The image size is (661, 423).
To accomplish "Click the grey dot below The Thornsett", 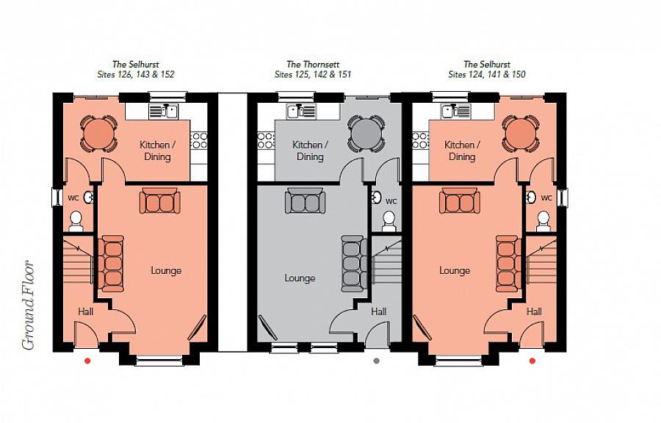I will pyautogui.click(x=377, y=361).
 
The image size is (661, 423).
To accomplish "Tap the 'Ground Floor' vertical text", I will pyautogui.click(x=29, y=305).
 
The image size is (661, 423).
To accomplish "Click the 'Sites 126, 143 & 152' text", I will pyautogui.click(x=136, y=75).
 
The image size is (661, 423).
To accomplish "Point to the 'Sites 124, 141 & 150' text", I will pyautogui.click(x=486, y=75).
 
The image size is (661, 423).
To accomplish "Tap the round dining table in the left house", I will pyautogui.click(x=97, y=133).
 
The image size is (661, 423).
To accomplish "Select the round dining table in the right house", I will pyautogui.click(x=521, y=133).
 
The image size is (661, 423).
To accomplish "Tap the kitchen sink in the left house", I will pyautogui.click(x=164, y=112).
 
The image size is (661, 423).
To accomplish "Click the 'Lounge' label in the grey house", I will pyautogui.click(x=300, y=278).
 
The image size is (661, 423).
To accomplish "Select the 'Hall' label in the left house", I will pyautogui.click(x=85, y=312).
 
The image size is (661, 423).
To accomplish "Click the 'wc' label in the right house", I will pyautogui.click(x=546, y=198).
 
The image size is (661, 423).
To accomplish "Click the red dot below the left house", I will pyautogui.click(x=87, y=361).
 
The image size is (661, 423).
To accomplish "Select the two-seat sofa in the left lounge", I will pyautogui.click(x=158, y=201).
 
